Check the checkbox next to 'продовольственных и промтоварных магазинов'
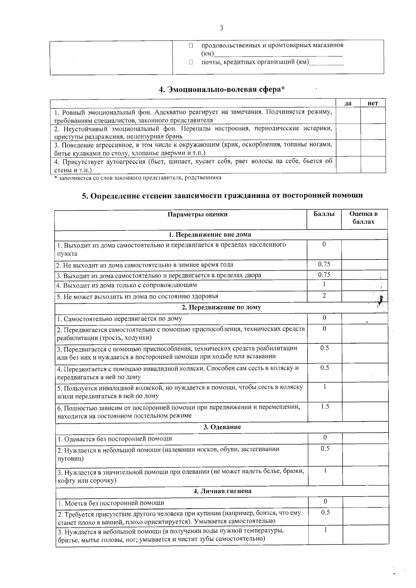pyautogui.click(x=191, y=45)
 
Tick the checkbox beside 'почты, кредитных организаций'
pyautogui.click(x=191, y=62)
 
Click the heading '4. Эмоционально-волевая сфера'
pyautogui.click(x=222, y=89)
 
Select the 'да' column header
pyautogui.click(x=348, y=103)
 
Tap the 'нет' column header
pyautogui.click(x=373, y=103)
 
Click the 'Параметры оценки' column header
pyautogui.click(x=198, y=214)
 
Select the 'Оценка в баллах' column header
pyautogui.click(x=364, y=218)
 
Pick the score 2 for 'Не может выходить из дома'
pyautogui.click(x=324, y=296)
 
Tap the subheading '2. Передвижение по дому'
pyautogui.click(x=221, y=307)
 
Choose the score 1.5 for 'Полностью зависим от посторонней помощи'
pyautogui.click(x=324, y=406)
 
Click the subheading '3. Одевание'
pyautogui.click(x=222, y=427)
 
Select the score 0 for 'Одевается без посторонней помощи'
pyautogui.click(x=325, y=438)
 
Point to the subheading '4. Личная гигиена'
pyautogui.click(x=222, y=491)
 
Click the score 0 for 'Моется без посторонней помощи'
pyautogui.click(x=325, y=501)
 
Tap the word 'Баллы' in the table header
pyautogui.click(x=324, y=214)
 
